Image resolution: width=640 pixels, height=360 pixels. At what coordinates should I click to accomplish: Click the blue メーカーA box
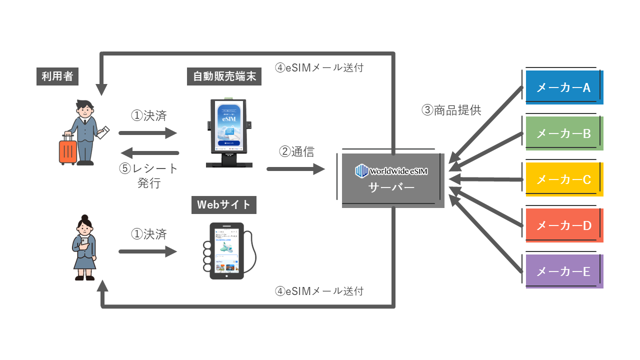tap(564, 87)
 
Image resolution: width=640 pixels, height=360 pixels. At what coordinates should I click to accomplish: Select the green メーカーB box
tap(564, 133)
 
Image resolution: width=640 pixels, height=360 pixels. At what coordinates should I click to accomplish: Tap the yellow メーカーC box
tap(564, 179)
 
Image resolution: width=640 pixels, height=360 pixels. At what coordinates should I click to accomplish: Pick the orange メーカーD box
tap(564, 225)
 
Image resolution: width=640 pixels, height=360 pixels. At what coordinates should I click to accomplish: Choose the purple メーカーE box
tap(564, 271)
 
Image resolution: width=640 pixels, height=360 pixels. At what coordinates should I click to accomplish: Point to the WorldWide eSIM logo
tap(391, 171)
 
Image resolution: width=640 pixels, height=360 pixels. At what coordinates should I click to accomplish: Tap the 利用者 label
tap(57, 76)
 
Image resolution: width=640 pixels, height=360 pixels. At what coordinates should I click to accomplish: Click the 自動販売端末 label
tap(224, 76)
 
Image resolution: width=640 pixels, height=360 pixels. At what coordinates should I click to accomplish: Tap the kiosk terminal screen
tap(228, 125)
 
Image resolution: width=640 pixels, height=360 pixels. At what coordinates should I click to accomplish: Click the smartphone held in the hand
tap(226, 250)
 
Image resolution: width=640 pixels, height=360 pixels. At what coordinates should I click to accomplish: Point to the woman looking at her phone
tap(83, 247)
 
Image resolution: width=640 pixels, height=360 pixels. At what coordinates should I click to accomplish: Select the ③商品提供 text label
tap(451, 110)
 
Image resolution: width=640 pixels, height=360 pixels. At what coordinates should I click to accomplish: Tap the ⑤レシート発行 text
tap(149, 175)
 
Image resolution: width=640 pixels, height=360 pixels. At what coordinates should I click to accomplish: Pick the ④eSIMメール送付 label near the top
tap(319, 67)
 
